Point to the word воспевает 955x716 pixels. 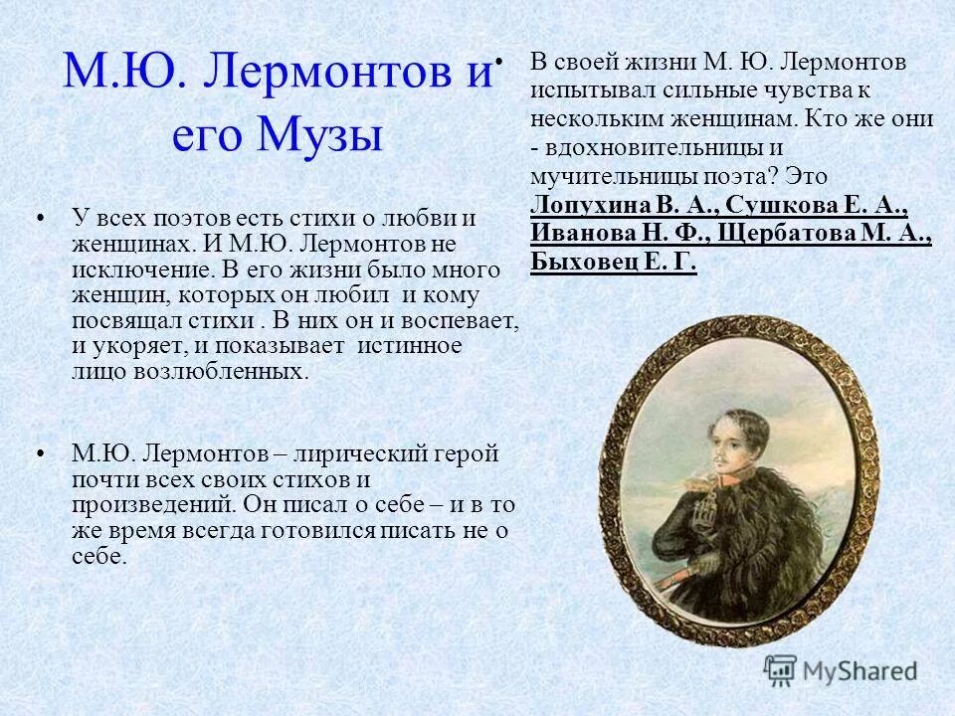460,320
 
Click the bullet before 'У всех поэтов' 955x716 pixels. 41,216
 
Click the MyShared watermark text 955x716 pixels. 859,671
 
